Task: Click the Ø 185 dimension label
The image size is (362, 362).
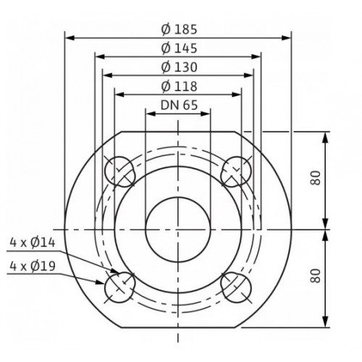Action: [179, 30]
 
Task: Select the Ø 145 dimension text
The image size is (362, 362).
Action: [179, 49]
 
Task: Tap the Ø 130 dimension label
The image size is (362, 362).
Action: [179, 67]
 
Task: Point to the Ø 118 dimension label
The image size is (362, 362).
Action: [179, 86]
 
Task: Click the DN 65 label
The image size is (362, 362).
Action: [179, 105]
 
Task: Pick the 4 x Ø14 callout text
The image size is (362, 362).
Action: [33, 243]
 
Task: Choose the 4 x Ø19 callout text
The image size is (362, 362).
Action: [33, 266]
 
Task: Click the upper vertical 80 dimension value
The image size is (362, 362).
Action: [316, 178]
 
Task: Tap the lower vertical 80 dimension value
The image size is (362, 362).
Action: [316, 276]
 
